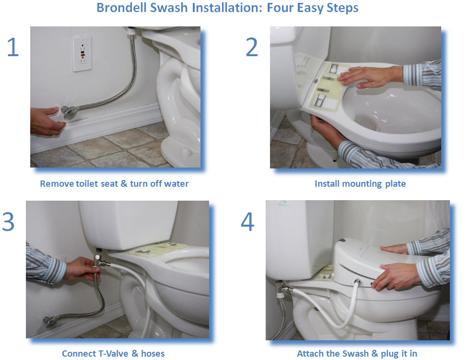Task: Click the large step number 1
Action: tap(13, 47)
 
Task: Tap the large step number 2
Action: tap(252, 47)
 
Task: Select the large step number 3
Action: tap(8, 222)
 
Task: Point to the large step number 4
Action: tap(247, 222)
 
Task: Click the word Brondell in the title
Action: tap(122, 8)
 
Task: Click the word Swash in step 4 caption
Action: tap(355, 353)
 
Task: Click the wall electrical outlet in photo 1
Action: tap(82, 54)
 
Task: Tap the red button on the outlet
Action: tap(82, 55)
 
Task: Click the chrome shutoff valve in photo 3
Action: tap(49, 321)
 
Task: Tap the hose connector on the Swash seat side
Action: tap(357, 282)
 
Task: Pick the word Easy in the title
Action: tap(310, 8)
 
